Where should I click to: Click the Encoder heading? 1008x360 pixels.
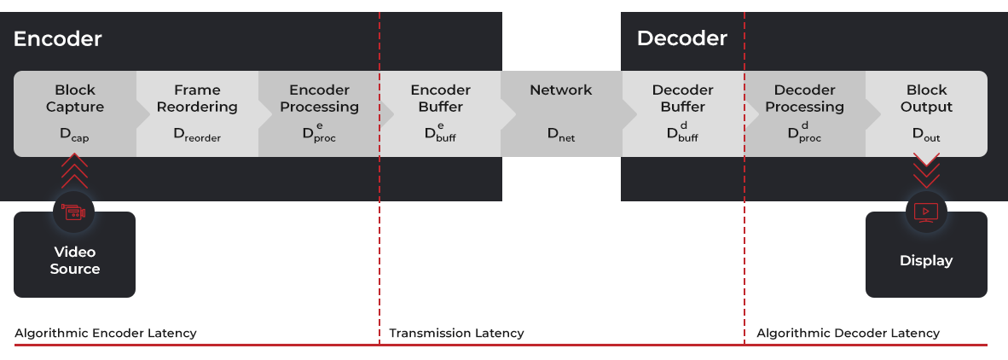click(57, 38)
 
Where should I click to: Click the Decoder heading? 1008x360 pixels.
click(681, 38)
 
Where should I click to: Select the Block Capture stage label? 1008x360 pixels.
click(75, 98)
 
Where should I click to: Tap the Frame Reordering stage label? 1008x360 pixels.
click(197, 98)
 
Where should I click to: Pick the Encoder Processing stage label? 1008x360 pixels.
click(319, 98)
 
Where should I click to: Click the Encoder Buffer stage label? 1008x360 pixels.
click(440, 98)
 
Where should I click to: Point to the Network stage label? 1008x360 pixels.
click(561, 90)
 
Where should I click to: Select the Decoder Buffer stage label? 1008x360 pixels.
click(682, 98)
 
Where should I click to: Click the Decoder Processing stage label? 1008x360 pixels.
click(804, 98)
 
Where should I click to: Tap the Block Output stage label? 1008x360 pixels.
click(926, 98)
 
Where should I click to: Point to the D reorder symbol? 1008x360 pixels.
click(197, 135)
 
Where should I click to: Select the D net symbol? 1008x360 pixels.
click(561, 135)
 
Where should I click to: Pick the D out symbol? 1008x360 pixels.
click(926, 135)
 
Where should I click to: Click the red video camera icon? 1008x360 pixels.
click(74, 212)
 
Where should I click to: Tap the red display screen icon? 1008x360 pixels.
click(926, 212)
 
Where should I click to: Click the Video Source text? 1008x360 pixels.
click(75, 260)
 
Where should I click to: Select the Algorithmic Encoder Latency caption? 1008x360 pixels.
click(106, 333)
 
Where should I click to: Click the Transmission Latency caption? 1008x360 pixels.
click(456, 333)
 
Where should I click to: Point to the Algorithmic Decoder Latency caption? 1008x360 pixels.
click(848, 333)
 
